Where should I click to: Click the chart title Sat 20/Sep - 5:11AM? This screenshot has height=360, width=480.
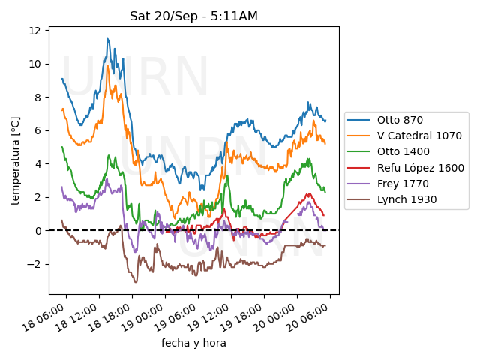coord(193,16)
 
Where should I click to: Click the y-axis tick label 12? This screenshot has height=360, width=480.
coord(36,31)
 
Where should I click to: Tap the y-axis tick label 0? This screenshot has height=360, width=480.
coord(39,231)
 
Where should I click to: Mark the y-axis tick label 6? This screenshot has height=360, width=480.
coord(39,130)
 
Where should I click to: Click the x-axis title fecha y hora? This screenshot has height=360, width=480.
coord(193,343)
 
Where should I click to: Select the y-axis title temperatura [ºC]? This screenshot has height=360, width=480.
coord(15,160)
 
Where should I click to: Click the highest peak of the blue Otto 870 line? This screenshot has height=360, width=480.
coord(108,39)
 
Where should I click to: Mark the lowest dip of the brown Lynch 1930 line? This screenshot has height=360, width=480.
coord(136,281)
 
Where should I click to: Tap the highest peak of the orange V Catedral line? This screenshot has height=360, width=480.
coord(108,66)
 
